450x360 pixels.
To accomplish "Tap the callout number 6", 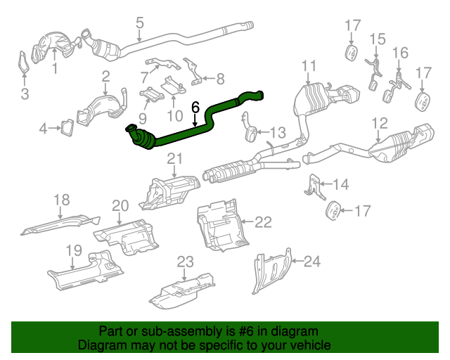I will pyautogui.click(x=195, y=108).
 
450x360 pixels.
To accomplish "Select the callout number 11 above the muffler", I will pyautogui.click(x=309, y=67).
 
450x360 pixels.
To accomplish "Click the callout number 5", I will pyautogui.click(x=139, y=22).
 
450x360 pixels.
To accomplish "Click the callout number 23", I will pyautogui.click(x=184, y=262).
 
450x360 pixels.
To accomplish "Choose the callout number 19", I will pyautogui.click(x=74, y=251).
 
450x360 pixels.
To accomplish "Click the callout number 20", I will pyautogui.click(x=120, y=205).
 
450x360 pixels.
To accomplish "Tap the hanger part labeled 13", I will pyautogui.click(x=250, y=132).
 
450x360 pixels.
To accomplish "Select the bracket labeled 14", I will pyautogui.click(x=314, y=186).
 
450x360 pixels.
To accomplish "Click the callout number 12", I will pyautogui.click(x=379, y=124).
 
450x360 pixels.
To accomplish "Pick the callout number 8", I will pyautogui.click(x=219, y=79).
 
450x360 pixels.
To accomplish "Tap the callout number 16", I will pyautogui.click(x=399, y=53).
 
